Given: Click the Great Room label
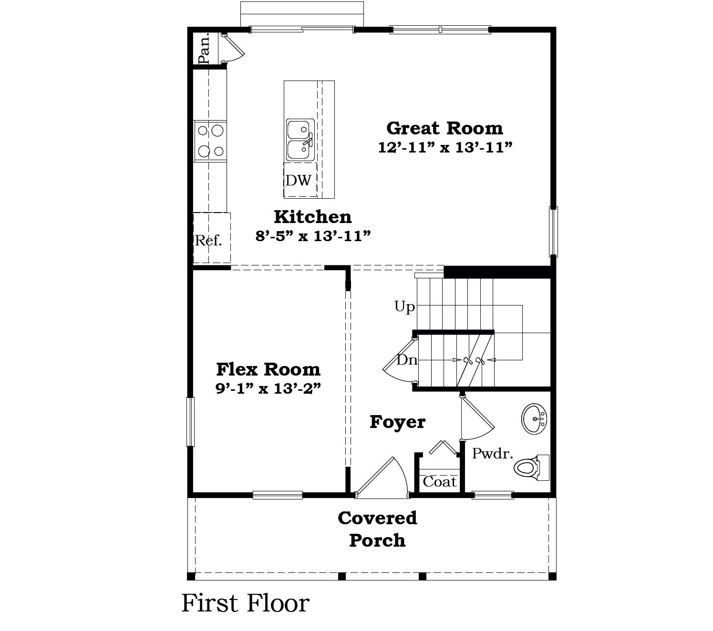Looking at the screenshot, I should coord(444,128).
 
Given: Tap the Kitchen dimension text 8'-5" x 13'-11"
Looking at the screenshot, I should coord(313,236).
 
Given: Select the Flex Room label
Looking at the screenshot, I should coord(268,369).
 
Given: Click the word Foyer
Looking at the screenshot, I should coord(397,422).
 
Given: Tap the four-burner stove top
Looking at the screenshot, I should coord(210,141).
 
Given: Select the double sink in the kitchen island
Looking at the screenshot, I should coord(300,140).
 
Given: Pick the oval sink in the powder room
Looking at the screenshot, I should coord(534,419).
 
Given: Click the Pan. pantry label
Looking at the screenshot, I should coord(205,48).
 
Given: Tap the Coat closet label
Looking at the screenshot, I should coord(439,482).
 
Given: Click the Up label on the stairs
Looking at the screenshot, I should coord(404,306).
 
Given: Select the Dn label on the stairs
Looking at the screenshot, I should coord(407,360).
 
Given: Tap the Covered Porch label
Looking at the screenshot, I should coord(377,529).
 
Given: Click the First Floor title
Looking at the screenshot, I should coord(245,603).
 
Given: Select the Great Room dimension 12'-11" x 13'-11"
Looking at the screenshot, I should coord(445,148).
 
